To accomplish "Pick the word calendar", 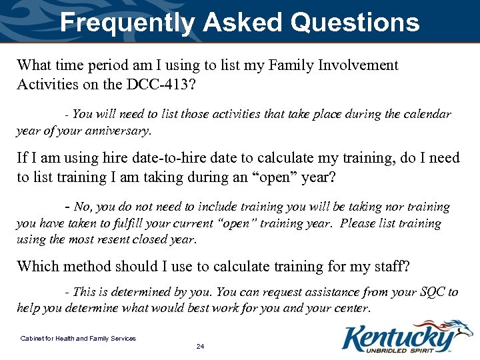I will pyautogui.click(x=425, y=115).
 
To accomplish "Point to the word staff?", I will pyautogui.click(x=390, y=267).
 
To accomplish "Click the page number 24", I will pyautogui.click(x=200, y=347).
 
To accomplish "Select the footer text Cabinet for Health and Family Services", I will pyautogui.click(x=78, y=339).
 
